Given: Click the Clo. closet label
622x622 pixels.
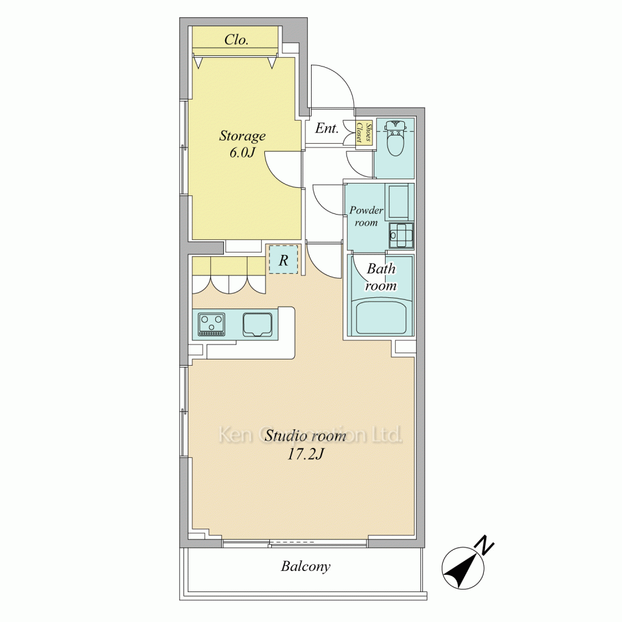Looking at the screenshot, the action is (x=236, y=40).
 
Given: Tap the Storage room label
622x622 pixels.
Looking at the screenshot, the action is (x=243, y=136).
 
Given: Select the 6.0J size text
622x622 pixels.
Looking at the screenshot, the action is (x=242, y=152).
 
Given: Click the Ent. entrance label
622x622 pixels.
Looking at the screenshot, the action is (x=327, y=128).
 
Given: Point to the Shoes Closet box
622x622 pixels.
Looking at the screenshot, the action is (x=364, y=132).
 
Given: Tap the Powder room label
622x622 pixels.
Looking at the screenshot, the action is (x=366, y=216).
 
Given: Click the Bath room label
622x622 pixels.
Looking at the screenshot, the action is (x=381, y=277).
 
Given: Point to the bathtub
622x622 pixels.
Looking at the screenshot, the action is (x=381, y=318).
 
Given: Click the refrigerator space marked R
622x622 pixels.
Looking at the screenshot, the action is (x=283, y=259).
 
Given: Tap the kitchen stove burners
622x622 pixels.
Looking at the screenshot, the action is (x=211, y=324).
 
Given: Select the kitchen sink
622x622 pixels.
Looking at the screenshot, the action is (x=256, y=324).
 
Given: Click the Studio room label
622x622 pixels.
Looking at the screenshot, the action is (x=305, y=435).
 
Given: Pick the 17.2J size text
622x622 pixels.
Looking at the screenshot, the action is (x=305, y=454).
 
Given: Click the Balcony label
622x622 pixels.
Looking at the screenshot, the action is (x=305, y=566).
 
